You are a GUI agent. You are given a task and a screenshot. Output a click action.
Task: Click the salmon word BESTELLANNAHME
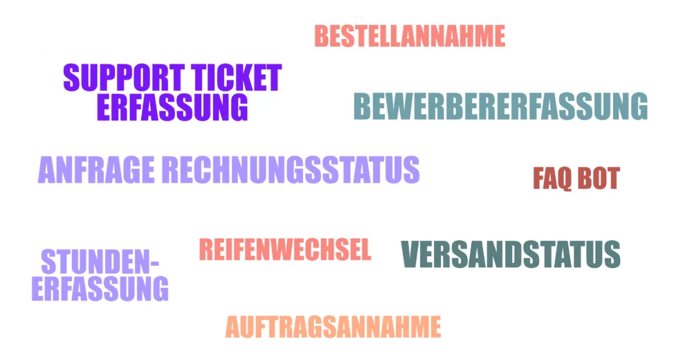pos(410,36)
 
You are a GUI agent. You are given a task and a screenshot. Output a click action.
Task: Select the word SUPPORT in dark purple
pos(124,78)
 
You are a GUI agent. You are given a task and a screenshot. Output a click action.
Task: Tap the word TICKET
pos(237,78)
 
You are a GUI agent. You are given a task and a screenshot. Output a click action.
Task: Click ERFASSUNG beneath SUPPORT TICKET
pos(172,107)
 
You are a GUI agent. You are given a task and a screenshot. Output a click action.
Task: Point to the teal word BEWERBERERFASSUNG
pos(500,106)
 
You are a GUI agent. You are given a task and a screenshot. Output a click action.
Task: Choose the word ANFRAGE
pos(96,170)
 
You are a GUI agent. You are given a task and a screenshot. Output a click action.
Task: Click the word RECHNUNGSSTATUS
pos(291,170)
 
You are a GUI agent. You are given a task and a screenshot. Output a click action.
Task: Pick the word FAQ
pos(552,179)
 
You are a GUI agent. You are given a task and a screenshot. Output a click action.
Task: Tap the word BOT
pos(599,178)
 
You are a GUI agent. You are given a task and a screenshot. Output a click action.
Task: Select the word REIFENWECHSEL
pos(285,249)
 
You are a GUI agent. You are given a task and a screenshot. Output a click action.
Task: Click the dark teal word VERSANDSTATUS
pos(511,254)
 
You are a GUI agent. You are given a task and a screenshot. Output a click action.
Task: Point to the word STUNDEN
pos(95,262)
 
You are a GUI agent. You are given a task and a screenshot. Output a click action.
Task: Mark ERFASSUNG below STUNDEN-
pos(100,289)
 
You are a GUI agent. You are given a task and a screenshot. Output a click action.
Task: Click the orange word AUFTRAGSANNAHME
pos(334,327)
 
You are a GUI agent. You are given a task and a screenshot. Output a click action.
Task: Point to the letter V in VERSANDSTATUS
pos(410,254)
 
